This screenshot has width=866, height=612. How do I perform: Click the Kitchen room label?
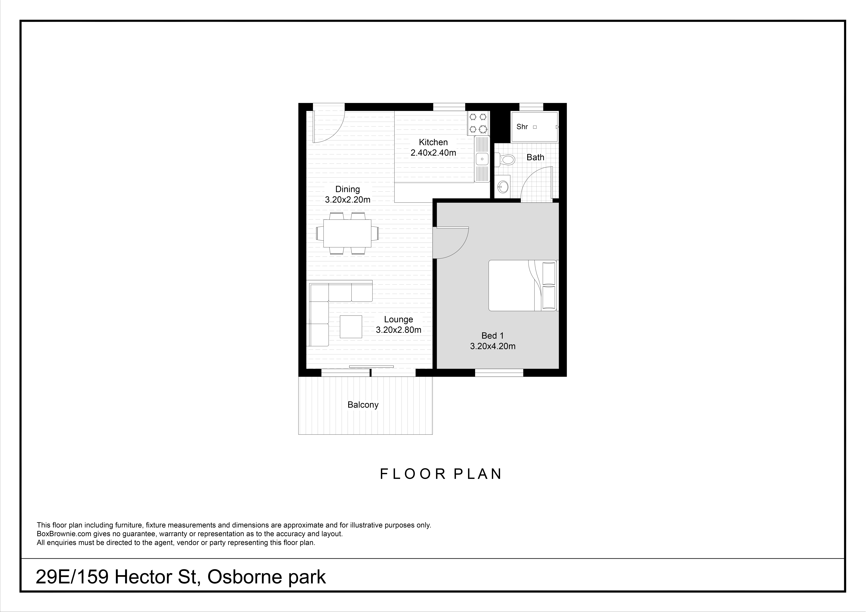point(433,142)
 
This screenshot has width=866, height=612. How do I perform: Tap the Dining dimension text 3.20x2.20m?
point(348,200)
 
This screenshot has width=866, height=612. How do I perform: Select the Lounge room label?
point(398,319)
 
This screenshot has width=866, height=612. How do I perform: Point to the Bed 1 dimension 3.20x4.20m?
point(493,346)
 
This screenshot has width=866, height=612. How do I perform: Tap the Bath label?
point(535,157)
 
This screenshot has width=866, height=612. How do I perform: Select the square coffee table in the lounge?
point(351,327)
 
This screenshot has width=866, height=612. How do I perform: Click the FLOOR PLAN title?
point(441,474)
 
